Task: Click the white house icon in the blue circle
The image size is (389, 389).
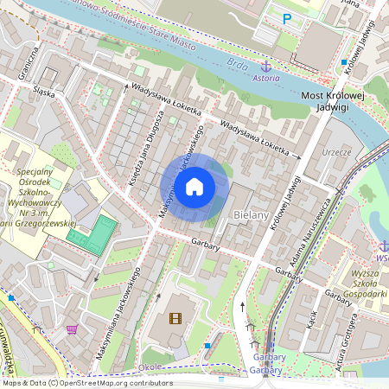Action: point(194,186)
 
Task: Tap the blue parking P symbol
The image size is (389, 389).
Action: point(288,17)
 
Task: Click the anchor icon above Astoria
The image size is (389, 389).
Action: point(266,67)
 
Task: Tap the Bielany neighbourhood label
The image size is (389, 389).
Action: point(250,214)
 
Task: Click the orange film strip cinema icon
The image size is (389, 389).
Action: point(175,318)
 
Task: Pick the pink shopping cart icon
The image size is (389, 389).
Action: point(71,329)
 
